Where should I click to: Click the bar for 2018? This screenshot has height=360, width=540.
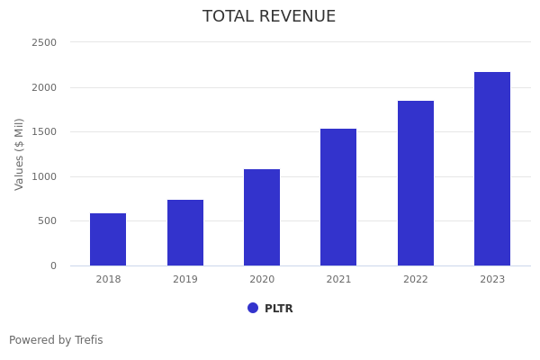click(108, 239)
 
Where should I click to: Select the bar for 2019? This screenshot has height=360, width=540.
click(185, 232)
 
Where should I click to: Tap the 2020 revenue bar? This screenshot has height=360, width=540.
click(262, 217)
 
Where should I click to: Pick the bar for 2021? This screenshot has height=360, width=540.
click(338, 197)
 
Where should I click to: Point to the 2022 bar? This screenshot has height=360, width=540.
click(416, 183)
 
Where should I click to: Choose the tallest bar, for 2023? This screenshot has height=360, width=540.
click(492, 168)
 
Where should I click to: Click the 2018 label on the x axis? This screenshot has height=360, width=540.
click(108, 280)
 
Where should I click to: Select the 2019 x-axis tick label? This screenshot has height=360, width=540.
click(185, 280)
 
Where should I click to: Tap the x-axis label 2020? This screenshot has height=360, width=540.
click(262, 280)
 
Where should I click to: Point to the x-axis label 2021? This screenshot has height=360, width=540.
click(338, 280)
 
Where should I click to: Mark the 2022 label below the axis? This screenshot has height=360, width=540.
click(416, 280)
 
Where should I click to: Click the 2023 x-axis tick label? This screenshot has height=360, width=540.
click(492, 280)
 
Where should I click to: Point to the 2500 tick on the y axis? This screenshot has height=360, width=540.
click(44, 42)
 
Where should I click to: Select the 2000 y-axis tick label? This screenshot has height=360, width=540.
click(44, 87)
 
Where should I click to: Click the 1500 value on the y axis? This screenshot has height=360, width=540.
click(44, 131)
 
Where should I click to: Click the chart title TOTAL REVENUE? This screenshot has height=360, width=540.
click(269, 17)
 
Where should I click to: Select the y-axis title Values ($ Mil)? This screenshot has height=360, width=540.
click(20, 154)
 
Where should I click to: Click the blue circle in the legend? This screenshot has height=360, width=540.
click(253, 308)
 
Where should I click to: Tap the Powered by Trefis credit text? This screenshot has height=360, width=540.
click(56, 340)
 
